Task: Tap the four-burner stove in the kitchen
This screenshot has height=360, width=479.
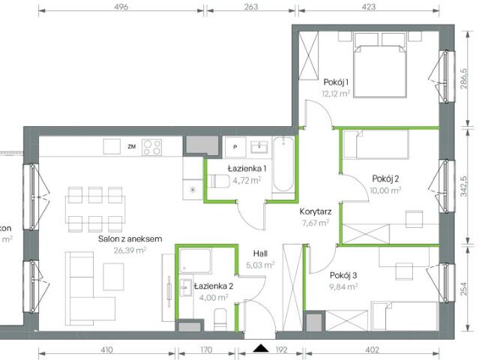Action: (x=153, y=146)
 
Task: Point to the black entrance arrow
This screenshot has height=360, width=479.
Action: (x=261, y=348)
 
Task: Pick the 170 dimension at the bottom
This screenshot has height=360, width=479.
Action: (x=206, y=349)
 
